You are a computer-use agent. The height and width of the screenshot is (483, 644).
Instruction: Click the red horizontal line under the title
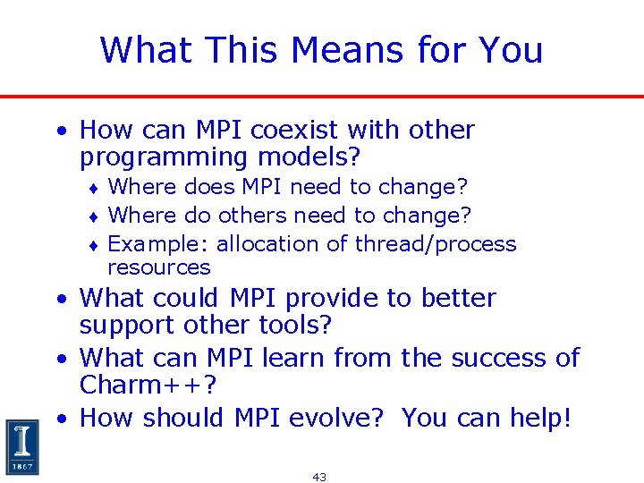[x=322, y=96]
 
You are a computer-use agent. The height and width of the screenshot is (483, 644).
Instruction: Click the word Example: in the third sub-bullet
[x=157, y=244]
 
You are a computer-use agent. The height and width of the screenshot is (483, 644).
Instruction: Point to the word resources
[x=158, y=267]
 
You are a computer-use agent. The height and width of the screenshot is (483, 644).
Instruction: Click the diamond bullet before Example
[x=94, y=244]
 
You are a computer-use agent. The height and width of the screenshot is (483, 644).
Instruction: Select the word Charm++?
[x=148, y=386]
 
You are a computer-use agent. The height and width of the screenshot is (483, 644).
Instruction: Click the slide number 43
[x=319, y=477]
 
